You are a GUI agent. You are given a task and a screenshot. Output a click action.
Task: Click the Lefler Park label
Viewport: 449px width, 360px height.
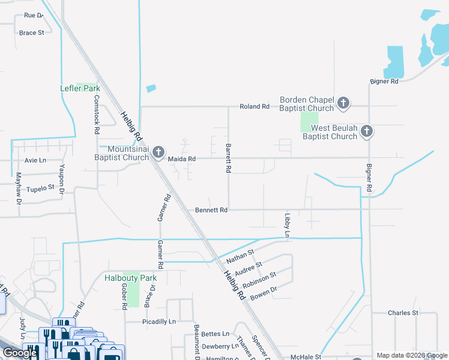click(80, 88)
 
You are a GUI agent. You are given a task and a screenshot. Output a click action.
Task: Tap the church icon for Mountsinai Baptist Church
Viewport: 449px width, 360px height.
click(158, 152)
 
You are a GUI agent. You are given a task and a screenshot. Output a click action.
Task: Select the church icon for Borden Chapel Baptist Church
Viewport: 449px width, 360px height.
click(343, 103)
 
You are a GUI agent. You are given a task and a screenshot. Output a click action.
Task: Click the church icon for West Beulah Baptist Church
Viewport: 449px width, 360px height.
click(367, 131)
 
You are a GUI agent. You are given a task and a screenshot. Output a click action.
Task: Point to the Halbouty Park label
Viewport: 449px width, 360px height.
click(130, 278)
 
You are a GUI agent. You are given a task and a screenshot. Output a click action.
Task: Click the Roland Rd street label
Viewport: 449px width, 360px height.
click(255, 106)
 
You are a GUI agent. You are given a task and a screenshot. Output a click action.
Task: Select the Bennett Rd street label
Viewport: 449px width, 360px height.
click(211, 211)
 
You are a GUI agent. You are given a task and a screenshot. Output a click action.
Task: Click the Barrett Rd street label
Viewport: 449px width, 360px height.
click(228, 158)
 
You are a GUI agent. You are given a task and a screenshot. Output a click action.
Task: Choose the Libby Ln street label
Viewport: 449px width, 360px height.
click(287, 225)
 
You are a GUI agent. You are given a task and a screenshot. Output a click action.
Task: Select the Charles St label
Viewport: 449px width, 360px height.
click(403, 313)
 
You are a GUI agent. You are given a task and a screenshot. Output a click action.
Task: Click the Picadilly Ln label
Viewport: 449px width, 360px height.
click(158, 322)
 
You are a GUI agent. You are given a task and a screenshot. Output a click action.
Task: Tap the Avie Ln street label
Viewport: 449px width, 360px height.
click(35, 160)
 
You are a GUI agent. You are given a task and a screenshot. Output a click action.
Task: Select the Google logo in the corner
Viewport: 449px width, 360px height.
click(20, 353)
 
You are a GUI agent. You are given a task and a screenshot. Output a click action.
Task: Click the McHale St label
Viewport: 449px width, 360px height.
click(303, 357)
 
